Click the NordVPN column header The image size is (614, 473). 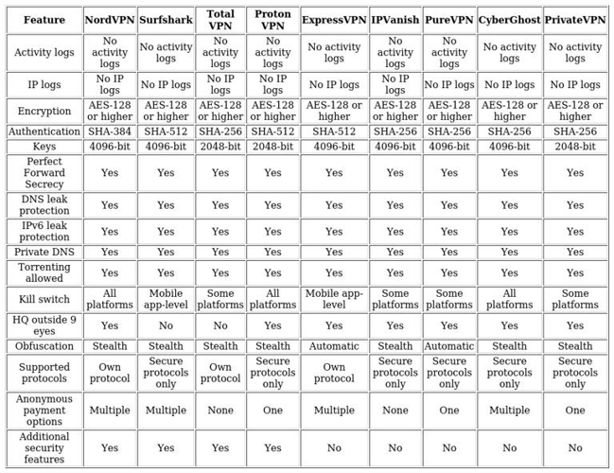(110, 20)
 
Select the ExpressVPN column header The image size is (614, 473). (334, 20)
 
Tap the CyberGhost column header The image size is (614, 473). (509, 20)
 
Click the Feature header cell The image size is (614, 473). (44, 20)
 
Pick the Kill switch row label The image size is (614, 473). (44, 299)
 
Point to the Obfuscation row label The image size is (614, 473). (44, 346)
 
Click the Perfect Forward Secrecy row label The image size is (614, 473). (44, 173)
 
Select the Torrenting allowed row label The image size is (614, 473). (44, 272)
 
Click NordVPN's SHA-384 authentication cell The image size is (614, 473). (110, 131)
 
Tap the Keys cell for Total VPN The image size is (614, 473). (220, 147)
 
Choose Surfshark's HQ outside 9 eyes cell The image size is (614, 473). (166, 325)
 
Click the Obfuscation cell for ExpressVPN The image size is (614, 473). (334, 346)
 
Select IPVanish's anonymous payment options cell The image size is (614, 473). (395, 411)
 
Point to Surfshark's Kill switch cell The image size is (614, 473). (166, 299)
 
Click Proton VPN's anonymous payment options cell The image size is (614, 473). (272, 411)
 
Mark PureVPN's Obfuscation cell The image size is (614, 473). (449, 346)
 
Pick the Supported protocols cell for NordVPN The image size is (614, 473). (110, 373)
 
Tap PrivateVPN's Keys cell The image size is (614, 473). (575, 147)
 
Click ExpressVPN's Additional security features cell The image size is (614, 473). (334, 448)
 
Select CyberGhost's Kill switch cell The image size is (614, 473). (509, 299)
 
